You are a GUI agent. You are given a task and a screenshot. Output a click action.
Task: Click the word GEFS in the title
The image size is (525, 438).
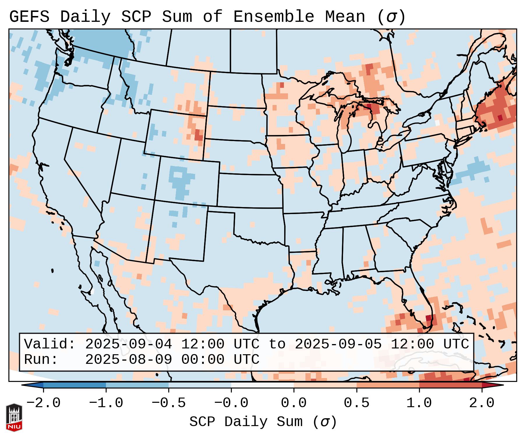(x=29, y=17)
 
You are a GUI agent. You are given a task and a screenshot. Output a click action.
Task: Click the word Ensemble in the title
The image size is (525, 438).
(x=273, y=17)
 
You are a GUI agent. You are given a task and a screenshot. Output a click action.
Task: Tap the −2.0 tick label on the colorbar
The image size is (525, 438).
(x=43, y=403)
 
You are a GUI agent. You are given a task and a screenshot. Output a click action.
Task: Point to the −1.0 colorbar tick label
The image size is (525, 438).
(x=106, y=403)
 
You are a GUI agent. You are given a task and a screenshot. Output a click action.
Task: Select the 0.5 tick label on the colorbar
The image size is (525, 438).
(x=356, y=403)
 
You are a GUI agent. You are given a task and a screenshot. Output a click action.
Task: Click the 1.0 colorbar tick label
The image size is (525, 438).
(x=419, y=403)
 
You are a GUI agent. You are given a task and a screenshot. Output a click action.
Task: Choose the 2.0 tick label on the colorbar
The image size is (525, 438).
(x=482, y=403)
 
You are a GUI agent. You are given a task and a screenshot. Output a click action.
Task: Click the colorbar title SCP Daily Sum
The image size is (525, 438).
(x=246, y=422)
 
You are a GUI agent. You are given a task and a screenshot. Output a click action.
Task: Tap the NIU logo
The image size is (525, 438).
(x=14, y=417)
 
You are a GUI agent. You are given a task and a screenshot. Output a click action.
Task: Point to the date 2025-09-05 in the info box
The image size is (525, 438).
(x=338, y=344)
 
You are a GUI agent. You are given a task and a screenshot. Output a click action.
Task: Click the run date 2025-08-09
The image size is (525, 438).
(x=128, y=359)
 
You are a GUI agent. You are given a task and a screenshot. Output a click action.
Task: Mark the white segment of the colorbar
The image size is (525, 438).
(x=262, y=385)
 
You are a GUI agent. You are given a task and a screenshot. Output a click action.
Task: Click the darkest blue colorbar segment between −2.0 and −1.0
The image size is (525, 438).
(x=75, y=385)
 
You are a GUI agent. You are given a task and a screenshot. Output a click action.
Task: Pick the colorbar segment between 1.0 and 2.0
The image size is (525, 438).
(x=450, y=385)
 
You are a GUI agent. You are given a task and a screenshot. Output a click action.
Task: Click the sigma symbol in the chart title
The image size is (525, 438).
(x=391, y=17)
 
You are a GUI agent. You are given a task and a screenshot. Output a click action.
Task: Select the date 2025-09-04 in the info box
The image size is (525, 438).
(x=128, y=344)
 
